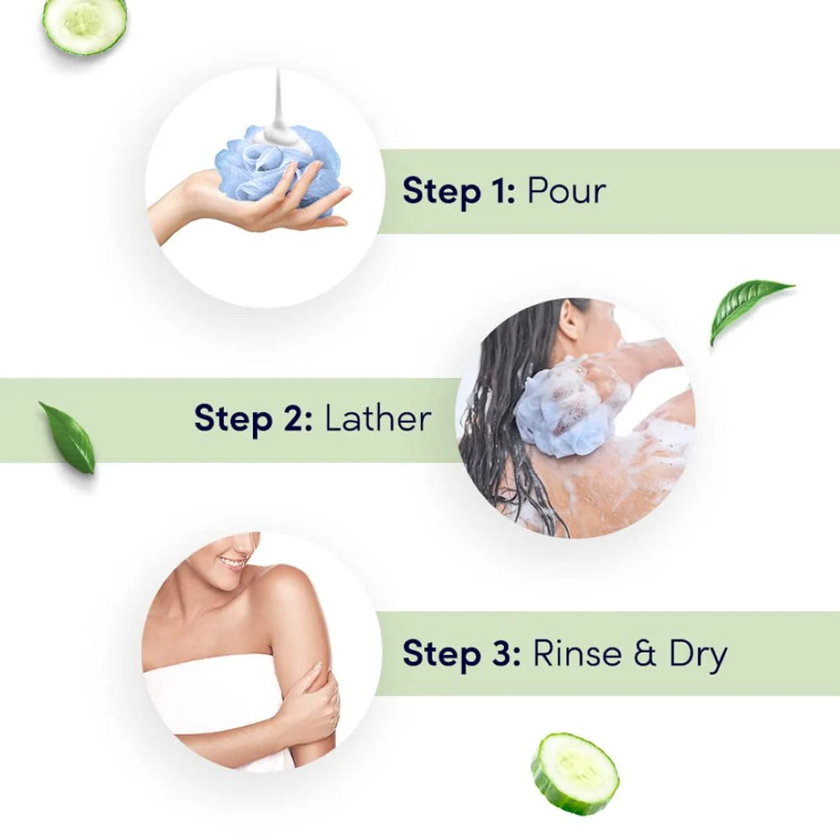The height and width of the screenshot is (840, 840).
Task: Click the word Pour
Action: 566,191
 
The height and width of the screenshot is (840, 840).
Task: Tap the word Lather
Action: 378,418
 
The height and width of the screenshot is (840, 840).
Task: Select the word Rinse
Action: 577,653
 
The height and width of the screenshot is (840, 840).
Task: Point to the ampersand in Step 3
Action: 645,653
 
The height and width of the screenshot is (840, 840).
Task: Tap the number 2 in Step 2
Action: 292,418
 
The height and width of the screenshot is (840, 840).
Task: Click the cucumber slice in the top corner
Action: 85,24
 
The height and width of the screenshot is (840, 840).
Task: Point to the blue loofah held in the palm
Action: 278,166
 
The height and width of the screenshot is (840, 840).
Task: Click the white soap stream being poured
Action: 278,113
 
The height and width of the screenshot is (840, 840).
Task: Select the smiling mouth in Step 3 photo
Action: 232,563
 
